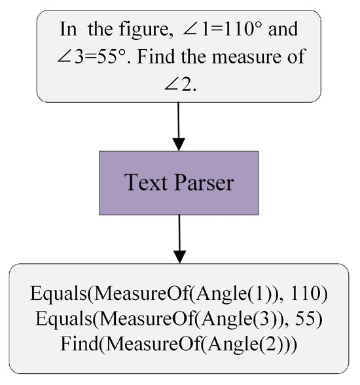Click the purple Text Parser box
179,183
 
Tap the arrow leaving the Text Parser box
179,238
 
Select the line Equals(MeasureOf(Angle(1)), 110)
179,294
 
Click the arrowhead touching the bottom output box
179,257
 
